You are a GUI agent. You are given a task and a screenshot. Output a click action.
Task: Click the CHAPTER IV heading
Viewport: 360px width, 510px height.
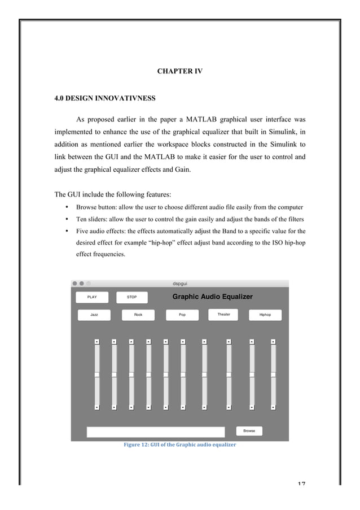pos(179,71)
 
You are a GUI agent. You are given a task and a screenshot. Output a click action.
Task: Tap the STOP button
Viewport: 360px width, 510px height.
pos(132,297)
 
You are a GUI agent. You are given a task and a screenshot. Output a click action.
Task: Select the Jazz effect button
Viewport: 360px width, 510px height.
pos(94,315)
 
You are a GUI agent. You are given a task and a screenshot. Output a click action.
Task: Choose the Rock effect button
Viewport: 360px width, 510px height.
pos(138,315)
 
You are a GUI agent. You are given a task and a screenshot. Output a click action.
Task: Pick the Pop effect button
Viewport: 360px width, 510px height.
pos(182,315)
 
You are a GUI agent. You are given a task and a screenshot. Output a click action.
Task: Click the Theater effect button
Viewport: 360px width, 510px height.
pos(224,314)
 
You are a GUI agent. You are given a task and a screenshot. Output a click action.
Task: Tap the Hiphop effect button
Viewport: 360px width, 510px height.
pos(265,315)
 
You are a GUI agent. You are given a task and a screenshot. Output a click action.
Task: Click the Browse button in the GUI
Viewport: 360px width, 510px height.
pos(249,431)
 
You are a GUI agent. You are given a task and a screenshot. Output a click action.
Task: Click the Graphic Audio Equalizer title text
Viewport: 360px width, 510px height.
pos(212,297)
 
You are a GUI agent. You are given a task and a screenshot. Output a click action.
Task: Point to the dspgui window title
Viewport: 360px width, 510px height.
pos(180,284)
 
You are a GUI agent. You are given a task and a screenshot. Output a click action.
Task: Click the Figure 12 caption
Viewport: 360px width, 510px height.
pos(179,444)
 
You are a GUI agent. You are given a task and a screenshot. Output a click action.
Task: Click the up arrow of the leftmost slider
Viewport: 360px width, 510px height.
pos(96,341)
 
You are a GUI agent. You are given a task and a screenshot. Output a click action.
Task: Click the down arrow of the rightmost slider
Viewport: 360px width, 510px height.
pos(273,407)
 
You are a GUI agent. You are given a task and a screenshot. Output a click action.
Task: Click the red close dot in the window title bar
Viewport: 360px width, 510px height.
pos(74,284)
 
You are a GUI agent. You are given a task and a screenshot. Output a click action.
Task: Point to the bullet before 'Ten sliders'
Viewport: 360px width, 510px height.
pos(67,219)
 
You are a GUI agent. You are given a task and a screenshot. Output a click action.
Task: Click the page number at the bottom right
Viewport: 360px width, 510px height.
pos(300,483)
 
